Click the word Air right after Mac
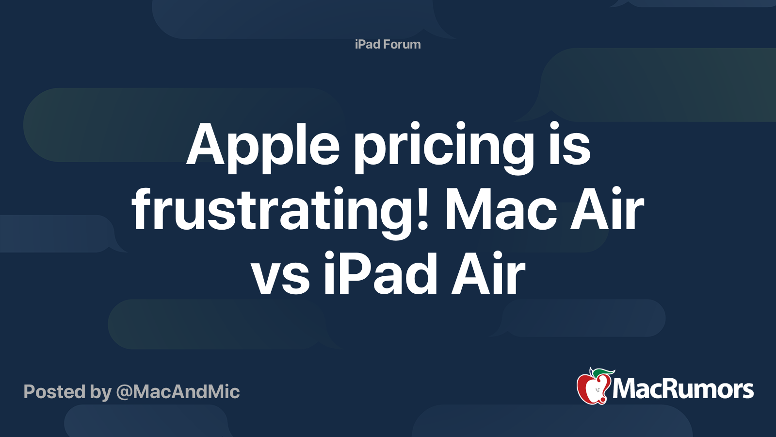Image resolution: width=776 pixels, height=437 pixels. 607,210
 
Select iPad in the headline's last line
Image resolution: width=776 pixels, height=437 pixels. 381,274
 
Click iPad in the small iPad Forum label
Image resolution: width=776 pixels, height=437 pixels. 367,44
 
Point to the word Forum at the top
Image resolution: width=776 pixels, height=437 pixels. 402,44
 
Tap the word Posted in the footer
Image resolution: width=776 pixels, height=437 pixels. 54,392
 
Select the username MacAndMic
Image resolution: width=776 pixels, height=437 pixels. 186,392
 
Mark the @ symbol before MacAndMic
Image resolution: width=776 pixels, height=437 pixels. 124,392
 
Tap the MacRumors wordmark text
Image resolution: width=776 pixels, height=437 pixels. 683,389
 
